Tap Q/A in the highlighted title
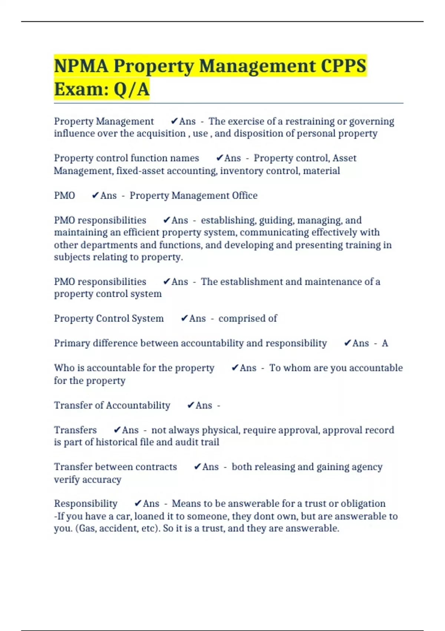[x=132, y=89]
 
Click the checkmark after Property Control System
[x=184, y=318]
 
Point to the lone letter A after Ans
[x=385, y=343]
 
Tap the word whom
[x=297, y=368]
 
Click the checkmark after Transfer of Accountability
[x=191, y=405]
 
